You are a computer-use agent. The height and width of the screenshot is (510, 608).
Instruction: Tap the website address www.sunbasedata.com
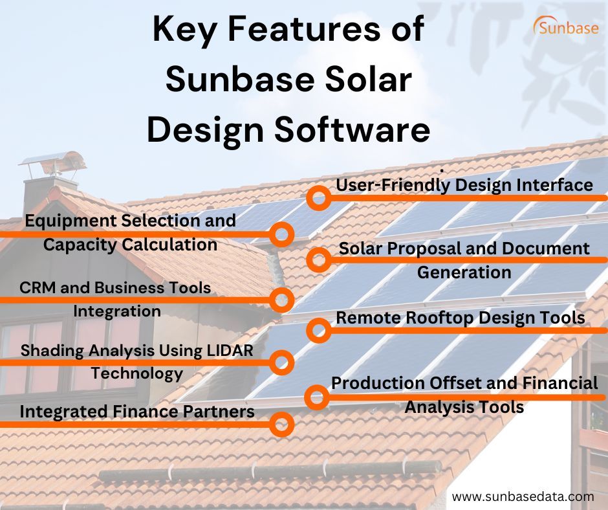(x=523, y=496)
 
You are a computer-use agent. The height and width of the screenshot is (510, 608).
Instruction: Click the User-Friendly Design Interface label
(x=464, y=185)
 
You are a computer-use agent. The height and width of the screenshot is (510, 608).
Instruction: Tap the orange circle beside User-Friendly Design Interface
(x=318, y=198)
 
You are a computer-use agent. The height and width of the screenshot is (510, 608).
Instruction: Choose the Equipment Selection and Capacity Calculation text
(x=130, y=232)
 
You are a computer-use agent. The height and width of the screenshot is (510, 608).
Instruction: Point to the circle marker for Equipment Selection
(x=281, y=234)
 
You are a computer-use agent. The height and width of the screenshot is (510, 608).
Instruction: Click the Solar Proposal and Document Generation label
(x=464, y=260)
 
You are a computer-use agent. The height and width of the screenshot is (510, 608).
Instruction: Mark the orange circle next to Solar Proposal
(x=318, y=260)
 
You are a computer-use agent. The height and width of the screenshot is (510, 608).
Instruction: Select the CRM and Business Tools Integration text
(x=116, y=299)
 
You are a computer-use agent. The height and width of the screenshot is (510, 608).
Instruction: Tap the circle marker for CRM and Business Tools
(x=281, y=300)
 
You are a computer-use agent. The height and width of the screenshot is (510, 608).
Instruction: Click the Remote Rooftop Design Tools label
(x=461, y=318)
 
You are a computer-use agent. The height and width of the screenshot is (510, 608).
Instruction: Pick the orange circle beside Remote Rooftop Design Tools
(x=318, y=330)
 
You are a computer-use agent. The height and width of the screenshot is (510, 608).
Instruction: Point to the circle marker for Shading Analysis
(x=281, y=362)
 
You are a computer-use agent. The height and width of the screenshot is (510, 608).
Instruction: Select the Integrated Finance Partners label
(x=136, y=412)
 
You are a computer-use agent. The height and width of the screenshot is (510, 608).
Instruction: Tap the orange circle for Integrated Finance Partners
(x=281, y=425)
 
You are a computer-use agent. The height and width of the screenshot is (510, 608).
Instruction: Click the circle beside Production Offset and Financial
(x=318, y=395)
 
